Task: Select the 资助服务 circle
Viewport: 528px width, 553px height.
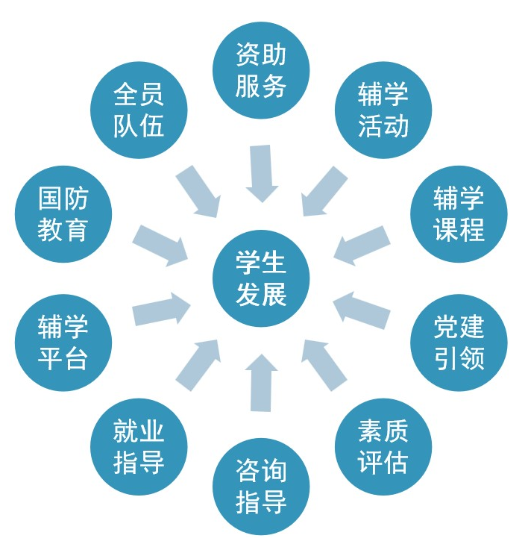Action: coord(261,71)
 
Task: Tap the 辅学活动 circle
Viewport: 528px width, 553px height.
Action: coord(383,110)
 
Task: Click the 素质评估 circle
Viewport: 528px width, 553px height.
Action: coord(383,447)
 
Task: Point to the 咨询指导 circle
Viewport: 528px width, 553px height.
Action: coord(261,486)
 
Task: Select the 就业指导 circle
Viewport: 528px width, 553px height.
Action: coord(139,447)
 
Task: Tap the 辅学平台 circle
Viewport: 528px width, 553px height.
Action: coord(63,343)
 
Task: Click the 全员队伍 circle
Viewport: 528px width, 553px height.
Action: coord(139,110)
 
